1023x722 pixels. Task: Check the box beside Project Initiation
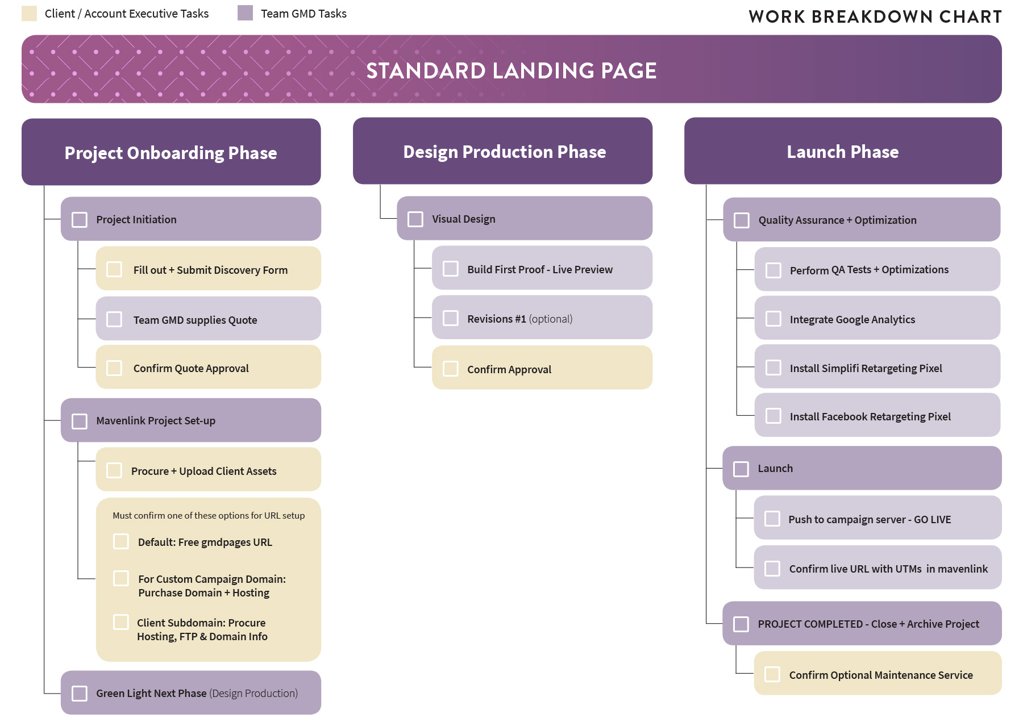pos(80,220)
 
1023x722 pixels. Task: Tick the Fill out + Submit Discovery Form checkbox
pos(114,269)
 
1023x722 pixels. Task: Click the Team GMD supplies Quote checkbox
pos(114,319)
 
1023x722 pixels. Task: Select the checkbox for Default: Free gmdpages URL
pos(121,541)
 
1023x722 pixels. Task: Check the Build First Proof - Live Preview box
pos(451,269)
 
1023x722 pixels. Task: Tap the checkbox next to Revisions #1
pos(451,318)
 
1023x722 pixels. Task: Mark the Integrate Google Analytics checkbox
pos(774,319)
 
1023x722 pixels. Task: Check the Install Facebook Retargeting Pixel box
pos(774,416)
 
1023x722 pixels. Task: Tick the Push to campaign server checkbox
pos(772,519)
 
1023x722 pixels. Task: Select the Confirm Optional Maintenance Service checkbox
pos(772,674)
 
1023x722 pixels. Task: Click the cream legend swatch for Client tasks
pos(30,14)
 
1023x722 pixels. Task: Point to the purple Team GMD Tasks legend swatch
pos(245,13)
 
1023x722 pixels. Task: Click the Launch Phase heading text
pos(842,152)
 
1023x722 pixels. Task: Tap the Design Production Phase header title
pos(504,152)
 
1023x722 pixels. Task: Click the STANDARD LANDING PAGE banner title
pos(511,71)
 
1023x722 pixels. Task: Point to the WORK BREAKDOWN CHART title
pos(875,17)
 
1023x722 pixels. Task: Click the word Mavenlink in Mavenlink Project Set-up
pos(120,421)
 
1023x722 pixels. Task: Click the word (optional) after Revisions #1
pos(550,319)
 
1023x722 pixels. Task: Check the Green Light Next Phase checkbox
pos(80,694)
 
